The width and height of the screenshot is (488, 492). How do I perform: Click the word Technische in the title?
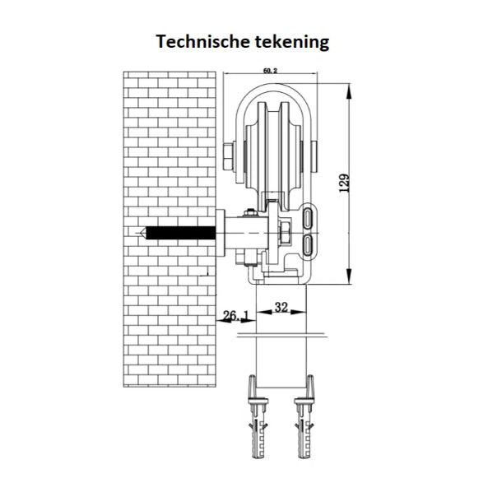202,41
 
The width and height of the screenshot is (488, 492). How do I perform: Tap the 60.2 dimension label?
270,71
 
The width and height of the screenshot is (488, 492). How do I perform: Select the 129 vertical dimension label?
344,183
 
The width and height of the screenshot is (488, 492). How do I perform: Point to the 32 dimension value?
281,307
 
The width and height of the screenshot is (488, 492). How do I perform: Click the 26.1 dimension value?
235,315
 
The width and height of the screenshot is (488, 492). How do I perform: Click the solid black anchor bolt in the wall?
180,233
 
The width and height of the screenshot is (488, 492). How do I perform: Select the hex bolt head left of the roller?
228,156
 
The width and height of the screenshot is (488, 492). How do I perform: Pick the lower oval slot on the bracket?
308,244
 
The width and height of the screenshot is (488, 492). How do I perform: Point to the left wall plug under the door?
258,417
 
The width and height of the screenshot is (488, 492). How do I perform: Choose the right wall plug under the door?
304,417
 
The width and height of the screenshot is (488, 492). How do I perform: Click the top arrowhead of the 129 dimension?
349,91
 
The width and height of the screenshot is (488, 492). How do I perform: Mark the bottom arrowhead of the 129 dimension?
349,276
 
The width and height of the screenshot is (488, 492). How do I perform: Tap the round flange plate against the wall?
221,233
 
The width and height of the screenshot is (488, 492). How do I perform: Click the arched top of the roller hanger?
273,87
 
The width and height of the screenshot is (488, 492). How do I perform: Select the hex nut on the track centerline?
285,233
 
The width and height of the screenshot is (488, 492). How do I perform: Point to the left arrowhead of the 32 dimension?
263,312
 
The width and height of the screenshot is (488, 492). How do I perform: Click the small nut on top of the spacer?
250,212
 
